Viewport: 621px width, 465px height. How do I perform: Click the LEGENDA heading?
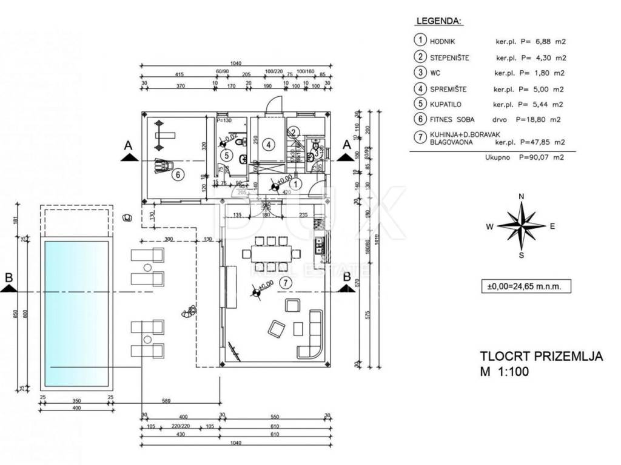click(438, 21)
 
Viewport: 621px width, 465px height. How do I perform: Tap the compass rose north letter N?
click(522, 196)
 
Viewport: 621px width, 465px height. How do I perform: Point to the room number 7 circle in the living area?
click(287, 282)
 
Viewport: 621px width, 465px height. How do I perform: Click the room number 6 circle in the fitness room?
click(178, 175)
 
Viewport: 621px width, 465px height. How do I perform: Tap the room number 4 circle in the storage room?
click(269, 145)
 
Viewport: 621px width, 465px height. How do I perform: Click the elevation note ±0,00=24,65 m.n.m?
click(525, 286)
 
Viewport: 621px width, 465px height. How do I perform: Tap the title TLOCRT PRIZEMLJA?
click(541, 356)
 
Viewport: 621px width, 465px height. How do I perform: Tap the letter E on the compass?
click(552, 226)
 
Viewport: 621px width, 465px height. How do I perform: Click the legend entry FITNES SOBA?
click(452, 120)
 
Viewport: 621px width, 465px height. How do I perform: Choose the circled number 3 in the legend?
click(419, 73)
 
